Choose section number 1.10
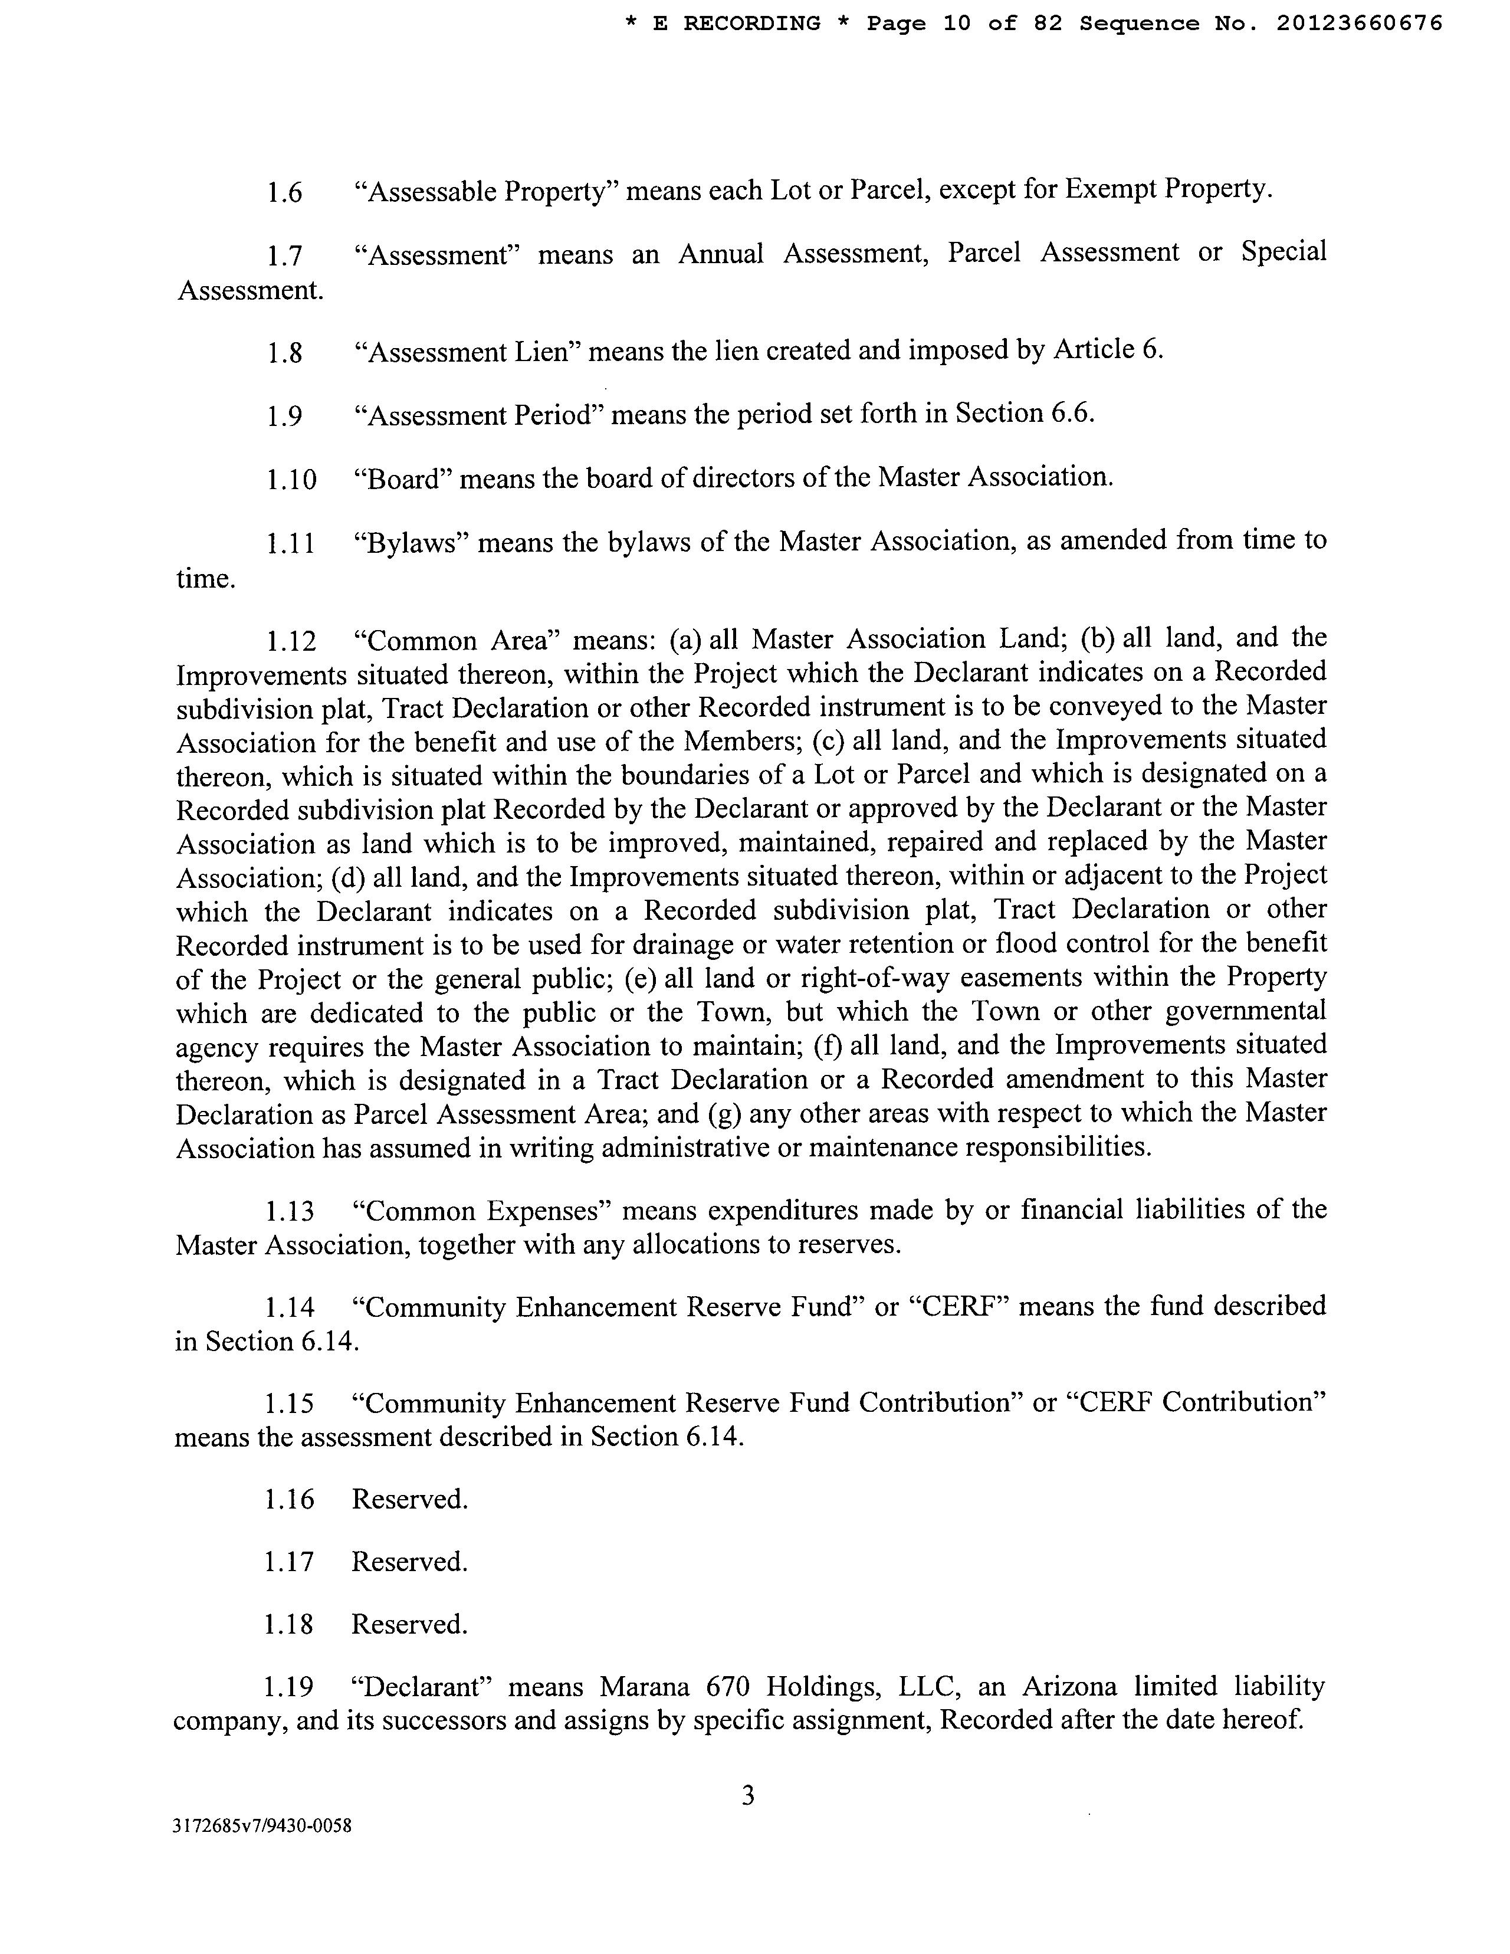tap(291, 480)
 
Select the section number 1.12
tap(291, 641)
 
